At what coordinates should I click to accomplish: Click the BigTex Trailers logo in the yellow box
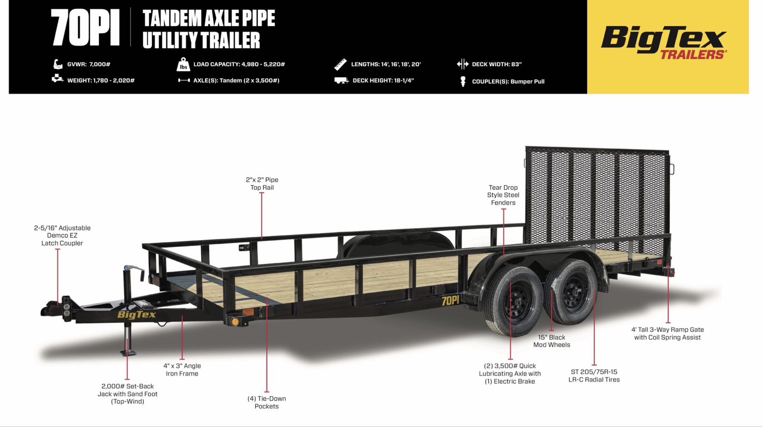tap(664, 42)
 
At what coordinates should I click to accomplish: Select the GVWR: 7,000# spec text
tap(89, 64)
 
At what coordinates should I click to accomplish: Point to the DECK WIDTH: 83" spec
tap(497, 64)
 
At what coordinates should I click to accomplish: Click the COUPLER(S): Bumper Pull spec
tap(508, 81)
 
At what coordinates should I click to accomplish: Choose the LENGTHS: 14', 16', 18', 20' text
tap(386, 64)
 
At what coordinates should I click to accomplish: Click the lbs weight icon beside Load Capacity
tap(183, 64)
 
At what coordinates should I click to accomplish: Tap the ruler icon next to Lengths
tap(340, 64)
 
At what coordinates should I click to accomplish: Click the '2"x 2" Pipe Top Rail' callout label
tap(262, 184)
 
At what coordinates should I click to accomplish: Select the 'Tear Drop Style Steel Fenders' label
tap(503, 195)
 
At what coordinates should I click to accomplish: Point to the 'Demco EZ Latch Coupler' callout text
tap(62, 236)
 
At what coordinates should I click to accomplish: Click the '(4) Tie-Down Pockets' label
tap(267, 403)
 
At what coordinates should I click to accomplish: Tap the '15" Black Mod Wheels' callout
tap(551, 341)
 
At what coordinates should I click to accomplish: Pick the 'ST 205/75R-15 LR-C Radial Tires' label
tap(594, 376)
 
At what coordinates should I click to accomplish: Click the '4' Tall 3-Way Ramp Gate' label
tap(667, 334)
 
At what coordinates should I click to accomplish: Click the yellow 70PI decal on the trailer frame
tap(451, 300)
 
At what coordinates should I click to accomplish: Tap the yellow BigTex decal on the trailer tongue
tap(136, 315)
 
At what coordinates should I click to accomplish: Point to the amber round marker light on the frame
tap(234, 321)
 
